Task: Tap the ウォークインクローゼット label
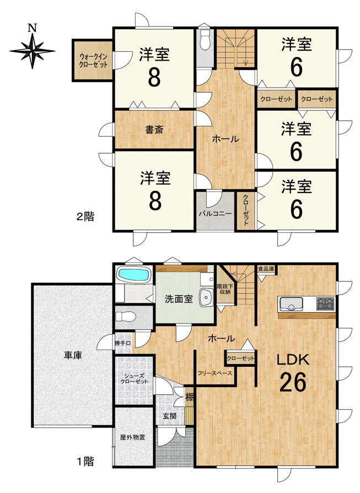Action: pyautogui.click(x=93, y=60)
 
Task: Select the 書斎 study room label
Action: pyautogui.click(x=154, y=130)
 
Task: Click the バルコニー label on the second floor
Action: pyautogui.click(x=216, y=213)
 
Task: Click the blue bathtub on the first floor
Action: pyautogui.click(x=133, y=275)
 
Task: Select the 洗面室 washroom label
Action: pyautogui.click(x=179, y=299)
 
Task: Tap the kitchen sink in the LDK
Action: pyautogui.click(x=291, y=304)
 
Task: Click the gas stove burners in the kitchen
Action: pyautogui.click(x=325, y=304)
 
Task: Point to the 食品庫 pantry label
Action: pyautogui.click(x=266, y=269)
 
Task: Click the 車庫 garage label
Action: pyautogui.click(x=73, y=355)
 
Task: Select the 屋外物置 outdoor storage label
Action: pyautogui.click(x=132, y=437)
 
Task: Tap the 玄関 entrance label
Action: pyautogui.click(x=169, y=416)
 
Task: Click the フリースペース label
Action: pyautogui.click(x=215, y=373)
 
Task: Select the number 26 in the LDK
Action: pyautogui.click(x=293, y=382)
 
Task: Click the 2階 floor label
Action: pyautogui.click(x=85, y=217)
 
